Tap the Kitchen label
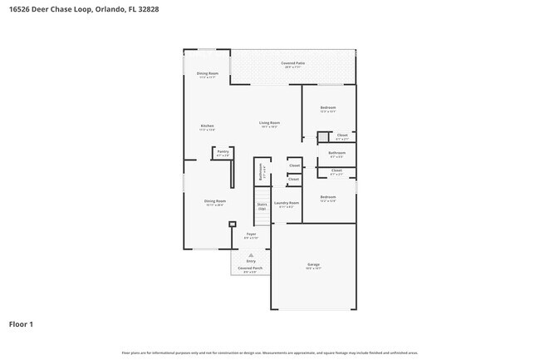click(x=207, y=126)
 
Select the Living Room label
click(x=270, y=123)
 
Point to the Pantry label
click(x=223, y=152)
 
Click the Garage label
click(x=312, y=265)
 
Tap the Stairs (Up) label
click(x=262, y=229)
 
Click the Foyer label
click(x=251, y=235)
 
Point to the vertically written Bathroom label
click(x=261, y=175)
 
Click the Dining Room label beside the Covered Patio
click(x=207, y=74)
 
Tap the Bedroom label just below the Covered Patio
click(x=328, y=108)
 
